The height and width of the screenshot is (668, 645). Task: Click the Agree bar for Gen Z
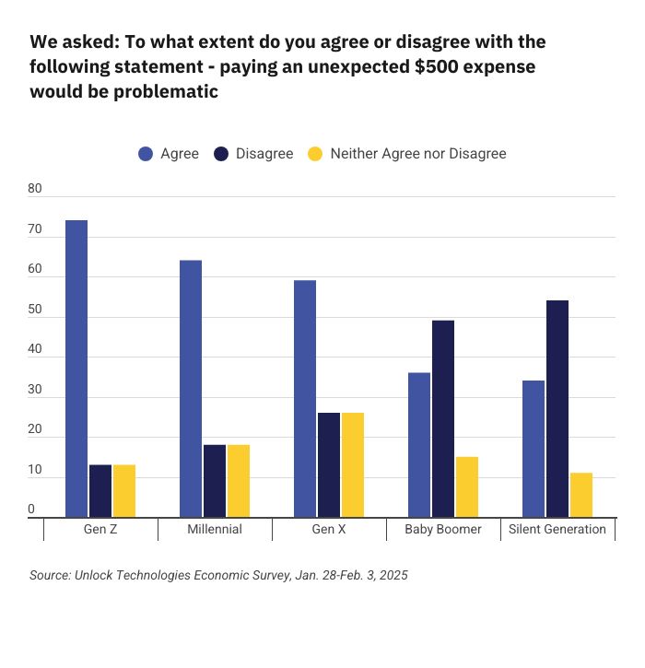[x=76, y=369]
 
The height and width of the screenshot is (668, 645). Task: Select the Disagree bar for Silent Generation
[x=557, y=409]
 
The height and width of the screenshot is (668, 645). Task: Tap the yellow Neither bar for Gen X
[x=353, y=465]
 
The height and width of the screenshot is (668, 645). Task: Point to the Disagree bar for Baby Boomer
[x=443, y=419]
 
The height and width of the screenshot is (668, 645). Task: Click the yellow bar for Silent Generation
[x=581, y=496]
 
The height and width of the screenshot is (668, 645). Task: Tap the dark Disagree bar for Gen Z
[x=100, y=491]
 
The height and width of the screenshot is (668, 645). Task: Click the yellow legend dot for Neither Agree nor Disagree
[x=314, y=154]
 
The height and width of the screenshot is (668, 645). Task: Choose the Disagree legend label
[x=264, y=154]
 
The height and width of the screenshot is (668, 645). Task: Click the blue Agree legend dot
[x=146, y=154]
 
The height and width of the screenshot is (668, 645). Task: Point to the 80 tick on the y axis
[x=36, y=189]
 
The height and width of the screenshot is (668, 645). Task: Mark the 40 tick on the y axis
[x=36, y=349]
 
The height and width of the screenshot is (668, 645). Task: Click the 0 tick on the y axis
[x=32, y=510]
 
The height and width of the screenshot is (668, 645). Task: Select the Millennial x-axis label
[x=215, y=529]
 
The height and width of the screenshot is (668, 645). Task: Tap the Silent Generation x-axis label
[x=557, y=529]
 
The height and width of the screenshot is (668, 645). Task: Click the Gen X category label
[x=329, y=529]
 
